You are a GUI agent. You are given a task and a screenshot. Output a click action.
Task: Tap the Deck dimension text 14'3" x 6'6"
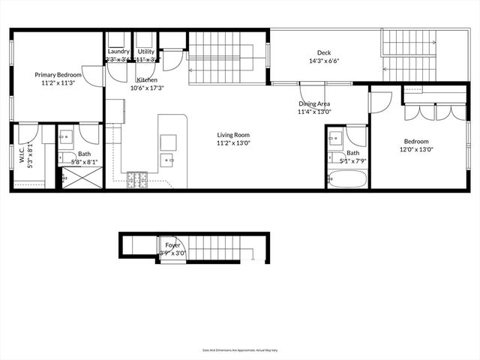pos(323,62)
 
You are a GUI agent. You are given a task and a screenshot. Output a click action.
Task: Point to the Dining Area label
pos(314,103)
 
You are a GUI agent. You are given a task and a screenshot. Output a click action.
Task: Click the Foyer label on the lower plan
pos(172,244)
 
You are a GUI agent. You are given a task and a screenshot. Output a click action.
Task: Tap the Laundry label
pos(118,52)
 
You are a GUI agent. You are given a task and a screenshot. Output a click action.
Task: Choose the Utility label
pos(145,52)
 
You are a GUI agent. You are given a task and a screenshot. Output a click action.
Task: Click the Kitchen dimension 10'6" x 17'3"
pos(147,88)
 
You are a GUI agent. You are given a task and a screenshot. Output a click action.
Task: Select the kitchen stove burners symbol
pos(137,179)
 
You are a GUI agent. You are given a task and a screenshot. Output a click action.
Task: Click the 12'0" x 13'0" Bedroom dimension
pos(416,149)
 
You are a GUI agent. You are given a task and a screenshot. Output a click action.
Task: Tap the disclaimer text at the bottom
pos(239,349)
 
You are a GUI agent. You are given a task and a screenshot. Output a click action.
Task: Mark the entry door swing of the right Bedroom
pos(379,102)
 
